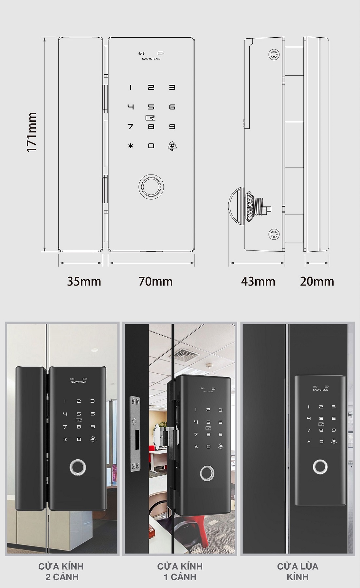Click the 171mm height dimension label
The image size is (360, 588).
tap(32, 132)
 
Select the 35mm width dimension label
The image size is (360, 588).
tap(84, 282)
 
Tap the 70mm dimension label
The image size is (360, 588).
tap(155, 282)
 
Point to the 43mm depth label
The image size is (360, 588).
tap(258, 282)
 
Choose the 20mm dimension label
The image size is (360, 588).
tap(317, 282)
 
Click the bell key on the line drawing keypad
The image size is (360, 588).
tap(172, 146)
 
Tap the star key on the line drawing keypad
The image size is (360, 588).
tap(131, 146)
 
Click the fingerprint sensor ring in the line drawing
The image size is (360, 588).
tap(151, 187)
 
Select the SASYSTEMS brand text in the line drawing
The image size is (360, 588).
tap(151, 59)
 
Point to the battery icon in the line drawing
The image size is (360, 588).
tap(161, 53)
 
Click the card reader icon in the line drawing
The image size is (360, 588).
tap(151, 117)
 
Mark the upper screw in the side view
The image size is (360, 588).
tap(274, 54)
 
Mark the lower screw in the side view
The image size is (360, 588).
tap(274, 234)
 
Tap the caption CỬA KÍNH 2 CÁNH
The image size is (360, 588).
tap(61, 571)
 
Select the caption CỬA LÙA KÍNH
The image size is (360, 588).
tap(297, 571)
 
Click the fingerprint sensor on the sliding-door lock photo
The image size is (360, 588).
tap(320, 467)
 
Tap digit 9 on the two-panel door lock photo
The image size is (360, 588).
tap(93, 427)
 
